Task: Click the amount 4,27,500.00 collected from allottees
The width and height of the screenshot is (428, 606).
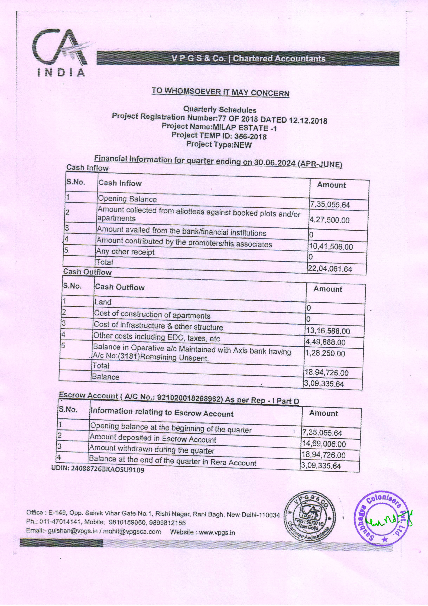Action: point(329,220)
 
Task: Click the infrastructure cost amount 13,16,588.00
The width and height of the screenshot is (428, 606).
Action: point(328,331)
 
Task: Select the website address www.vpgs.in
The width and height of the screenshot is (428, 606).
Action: point(218,533)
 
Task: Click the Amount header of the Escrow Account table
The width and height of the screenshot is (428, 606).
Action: point(324,413)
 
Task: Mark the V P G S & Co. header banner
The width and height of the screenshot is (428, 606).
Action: point(248,58)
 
